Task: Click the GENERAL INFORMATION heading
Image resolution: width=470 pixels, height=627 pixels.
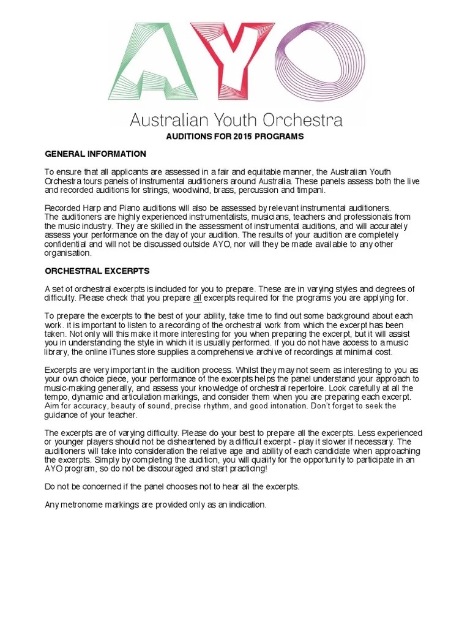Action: click(95, 154)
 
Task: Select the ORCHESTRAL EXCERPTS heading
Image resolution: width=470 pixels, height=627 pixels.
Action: click(97, 271)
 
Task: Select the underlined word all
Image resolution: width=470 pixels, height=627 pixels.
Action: click(198, 298)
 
